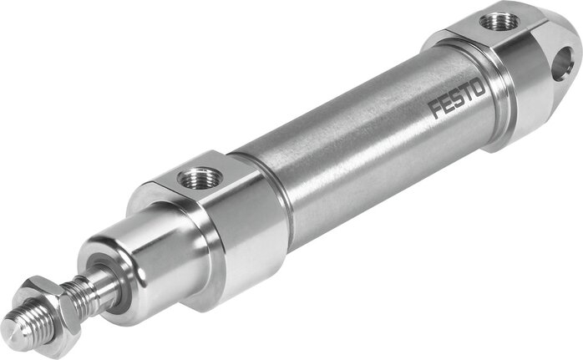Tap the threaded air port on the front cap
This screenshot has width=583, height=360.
coord(202,176)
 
